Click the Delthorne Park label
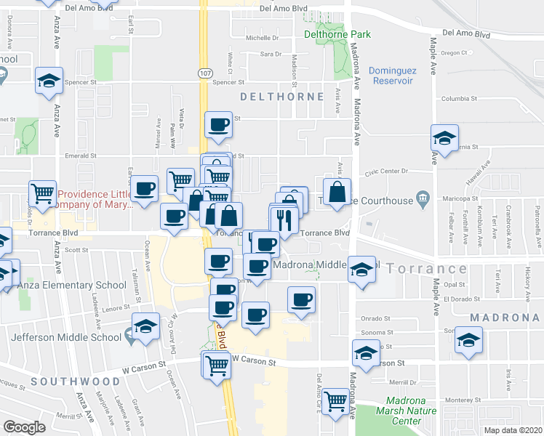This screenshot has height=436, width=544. coord(337,34)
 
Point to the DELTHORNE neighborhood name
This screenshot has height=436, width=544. coord(282,97)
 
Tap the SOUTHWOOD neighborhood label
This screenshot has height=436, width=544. coord(75,381)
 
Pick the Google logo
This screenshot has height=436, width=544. coord(24,427)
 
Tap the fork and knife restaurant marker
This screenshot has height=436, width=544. coord(284,220)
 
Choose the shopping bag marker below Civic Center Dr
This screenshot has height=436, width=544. coord(337,193)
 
